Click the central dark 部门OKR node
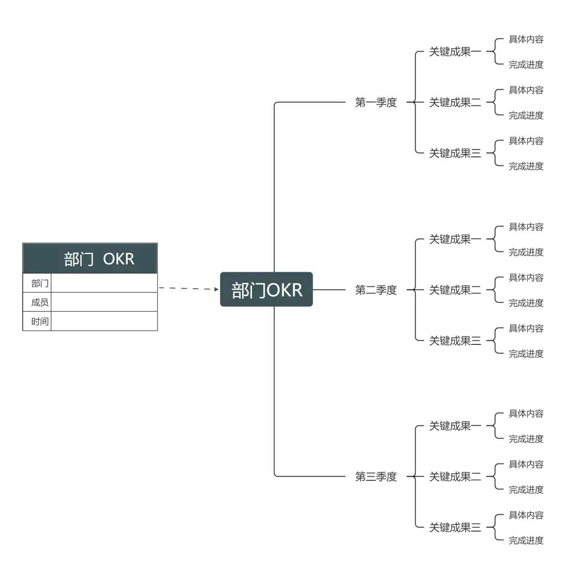coord(266,290)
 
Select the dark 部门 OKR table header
coord(90,259)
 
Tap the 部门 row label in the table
coord(40,283)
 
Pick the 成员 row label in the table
coord(40,302)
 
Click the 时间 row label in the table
coord(40,322)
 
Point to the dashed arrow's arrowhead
coord(216,289)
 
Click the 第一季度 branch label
coord(376,103)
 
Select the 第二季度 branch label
coord(376,290)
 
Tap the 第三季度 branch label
coord(376,477)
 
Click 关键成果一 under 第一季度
coord(455,52)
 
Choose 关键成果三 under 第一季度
coord(455,153)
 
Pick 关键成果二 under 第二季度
coord(455,290)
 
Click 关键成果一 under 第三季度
coord(455,426)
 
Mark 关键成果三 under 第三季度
coord(455,528)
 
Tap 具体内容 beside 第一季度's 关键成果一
coord(526,40)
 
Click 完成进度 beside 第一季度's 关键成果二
coord(526,115)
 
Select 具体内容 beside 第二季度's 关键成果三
coord(526,328)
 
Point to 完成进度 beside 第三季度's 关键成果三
coord(526,541)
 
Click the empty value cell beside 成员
coord(104,302)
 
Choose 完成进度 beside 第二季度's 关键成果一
coord(526,252)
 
